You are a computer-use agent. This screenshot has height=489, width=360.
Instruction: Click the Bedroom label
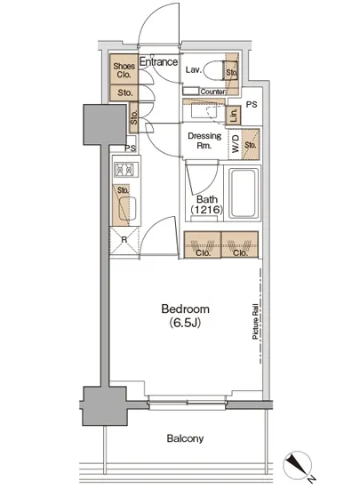[186, 309]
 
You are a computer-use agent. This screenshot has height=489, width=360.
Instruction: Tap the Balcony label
[185, 438]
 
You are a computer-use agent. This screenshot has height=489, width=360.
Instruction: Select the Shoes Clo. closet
[124, 69]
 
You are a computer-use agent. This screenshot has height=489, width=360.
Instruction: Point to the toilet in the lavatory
[215, 70]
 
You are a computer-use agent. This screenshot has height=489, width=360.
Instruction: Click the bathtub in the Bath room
[244, 193]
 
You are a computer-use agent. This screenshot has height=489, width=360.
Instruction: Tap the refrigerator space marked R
[124, 240]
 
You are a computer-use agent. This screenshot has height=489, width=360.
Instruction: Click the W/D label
[236, 144]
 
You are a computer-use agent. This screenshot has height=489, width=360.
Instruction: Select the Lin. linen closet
[233, 116]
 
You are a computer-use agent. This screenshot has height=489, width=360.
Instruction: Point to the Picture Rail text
[255, 321]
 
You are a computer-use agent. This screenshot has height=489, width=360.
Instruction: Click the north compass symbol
[298, 466]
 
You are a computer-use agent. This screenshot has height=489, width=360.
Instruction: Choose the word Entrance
[158, 61]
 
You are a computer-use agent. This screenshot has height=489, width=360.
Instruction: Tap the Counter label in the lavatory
[212, 92]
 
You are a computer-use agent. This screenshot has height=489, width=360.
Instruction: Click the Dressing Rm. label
[204, 140]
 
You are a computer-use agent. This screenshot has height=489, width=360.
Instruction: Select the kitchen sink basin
[127, 208]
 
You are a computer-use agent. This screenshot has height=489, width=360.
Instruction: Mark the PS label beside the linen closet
[252, 105]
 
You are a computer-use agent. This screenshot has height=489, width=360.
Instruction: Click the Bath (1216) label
[207, 204]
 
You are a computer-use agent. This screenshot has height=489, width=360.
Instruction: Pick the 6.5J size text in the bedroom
[185, 323]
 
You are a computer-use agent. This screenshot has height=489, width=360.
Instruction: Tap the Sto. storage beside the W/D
[251, 144]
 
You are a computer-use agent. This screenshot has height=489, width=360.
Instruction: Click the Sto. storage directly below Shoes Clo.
[124, 92]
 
